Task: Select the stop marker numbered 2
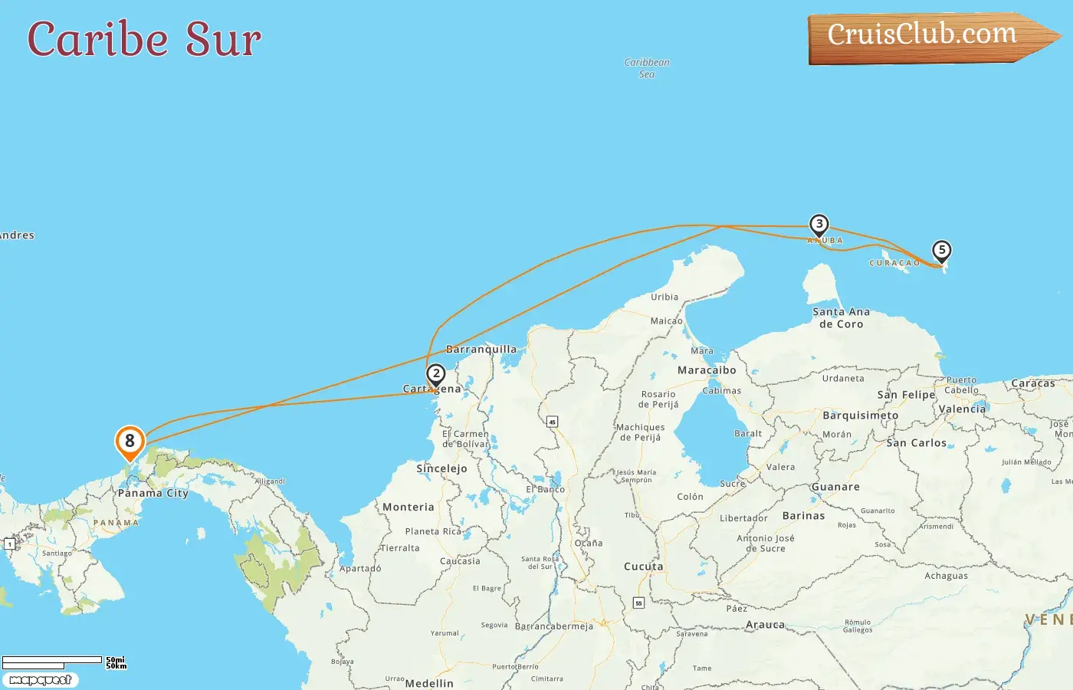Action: point(436,375)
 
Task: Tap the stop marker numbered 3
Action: point(819,225)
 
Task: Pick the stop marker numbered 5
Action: point(941,251)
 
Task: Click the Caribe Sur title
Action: point(144,39)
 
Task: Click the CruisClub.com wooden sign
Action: point(927,36)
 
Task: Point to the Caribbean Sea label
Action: point(647,68)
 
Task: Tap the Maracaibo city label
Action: point(707,370)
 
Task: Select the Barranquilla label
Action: point(481,350)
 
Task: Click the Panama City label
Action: point(153,493)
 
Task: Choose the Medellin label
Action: point(429,683)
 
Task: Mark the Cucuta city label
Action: point(644,567)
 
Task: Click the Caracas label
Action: point(1032,383)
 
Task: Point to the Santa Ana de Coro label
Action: point(841,317)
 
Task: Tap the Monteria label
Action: point(408,507)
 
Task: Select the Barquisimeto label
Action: point(860,416)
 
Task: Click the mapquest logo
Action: point(41,679)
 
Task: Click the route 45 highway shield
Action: point(552,422)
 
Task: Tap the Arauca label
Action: point(765,625)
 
